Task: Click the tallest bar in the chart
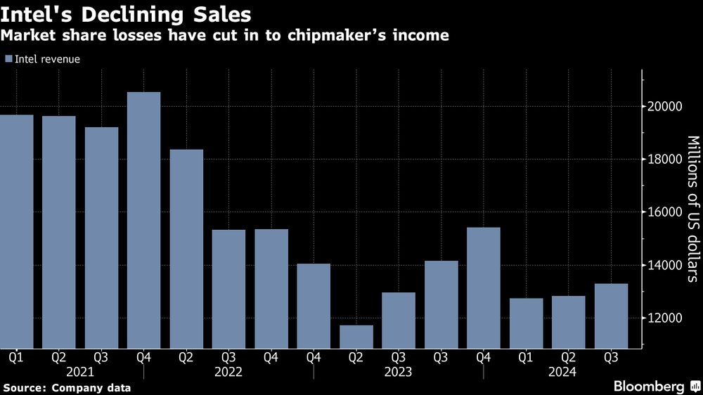[143, 219]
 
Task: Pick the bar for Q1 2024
[527, 323]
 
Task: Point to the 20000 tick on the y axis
[662, 107]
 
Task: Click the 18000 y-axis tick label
[662, 160]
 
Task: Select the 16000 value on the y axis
[662, 212]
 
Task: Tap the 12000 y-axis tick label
[662, 318]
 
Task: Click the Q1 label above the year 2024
[527, 357]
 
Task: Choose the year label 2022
[228, 371]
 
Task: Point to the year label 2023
[399, 371]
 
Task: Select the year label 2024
[562, 371]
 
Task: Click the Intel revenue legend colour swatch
[8, 60]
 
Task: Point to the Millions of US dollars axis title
[692, 209]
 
